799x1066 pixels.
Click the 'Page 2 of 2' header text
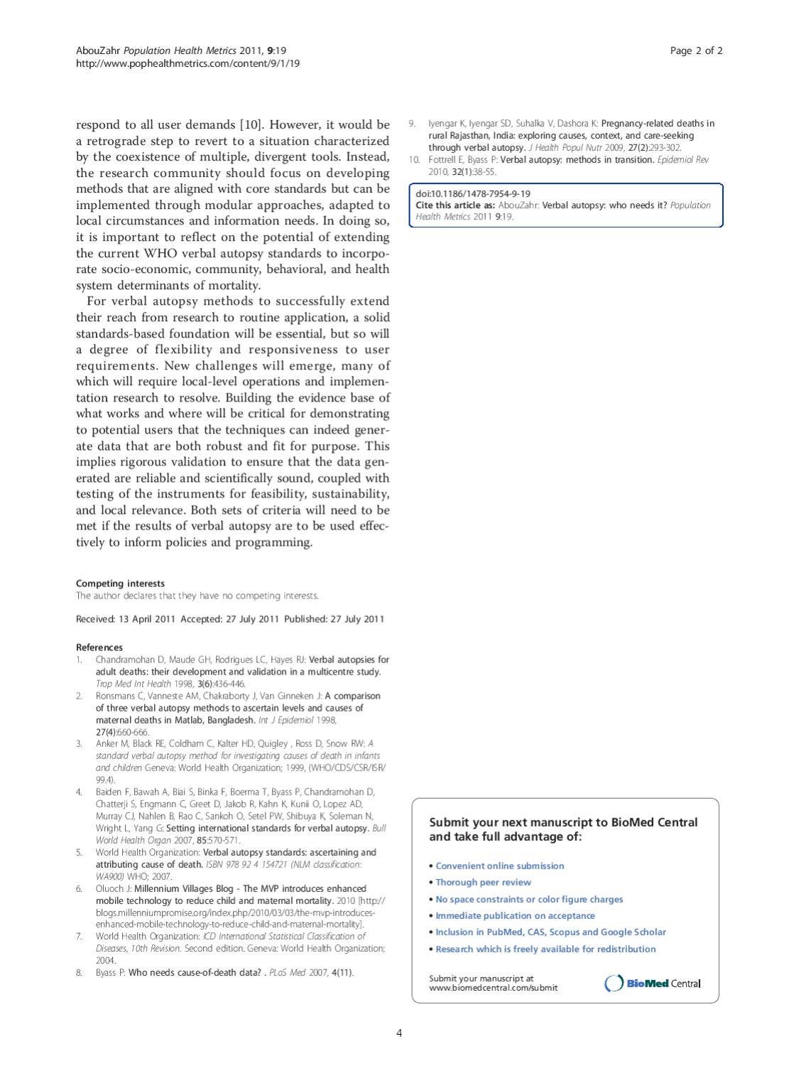pyautogui.click(x=696, y=50)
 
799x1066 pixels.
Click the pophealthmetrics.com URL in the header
pyautogui.click(x=187, y=63)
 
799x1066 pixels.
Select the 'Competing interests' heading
pyautogui.click(x=120, y=583)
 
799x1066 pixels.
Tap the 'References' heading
pyautogui.click(x=99, y=647)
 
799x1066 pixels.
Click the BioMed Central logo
pyautogui.click(x=652, y=984)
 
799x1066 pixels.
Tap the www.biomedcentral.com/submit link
pyautogui.click(x=493, y=988)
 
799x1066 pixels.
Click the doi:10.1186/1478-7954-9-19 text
pyautogui.click(x=473, y=193)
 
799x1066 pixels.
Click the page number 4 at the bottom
pyautogui.click(x=399, y=1033)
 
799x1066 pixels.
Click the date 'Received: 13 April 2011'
pyautogui.click(x=125, y=619)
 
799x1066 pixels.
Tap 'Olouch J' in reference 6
pyautogui.click(x=114, y=888)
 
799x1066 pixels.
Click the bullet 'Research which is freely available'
pyautogui.click(x=545, y=949)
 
